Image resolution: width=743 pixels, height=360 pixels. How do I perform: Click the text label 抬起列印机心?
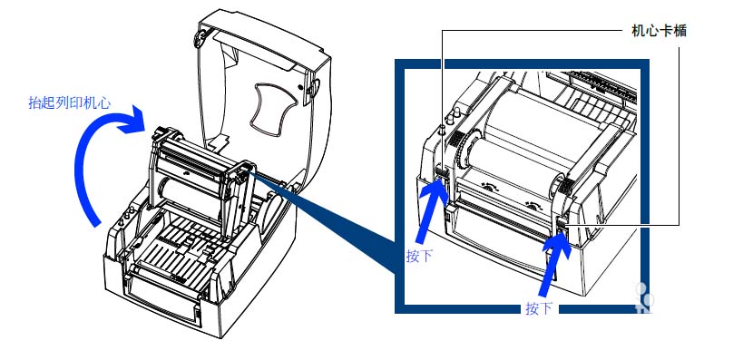click(x=70, y=102)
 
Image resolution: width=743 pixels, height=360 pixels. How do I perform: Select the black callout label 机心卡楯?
click(x=659, y=31)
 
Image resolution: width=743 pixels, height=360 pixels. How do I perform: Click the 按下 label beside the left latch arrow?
click(x=419, y=256)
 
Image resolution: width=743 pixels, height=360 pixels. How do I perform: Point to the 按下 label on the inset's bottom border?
click(x=539, y=308)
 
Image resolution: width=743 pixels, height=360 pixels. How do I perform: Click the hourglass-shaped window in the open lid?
click(x=274, y=107)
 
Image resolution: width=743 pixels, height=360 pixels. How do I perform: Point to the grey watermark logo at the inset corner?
click(x=643, y=297)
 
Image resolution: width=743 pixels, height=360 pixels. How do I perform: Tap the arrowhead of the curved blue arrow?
click(x=132, y=120)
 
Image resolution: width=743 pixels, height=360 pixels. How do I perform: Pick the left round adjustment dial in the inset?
click(x=489, y=187)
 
